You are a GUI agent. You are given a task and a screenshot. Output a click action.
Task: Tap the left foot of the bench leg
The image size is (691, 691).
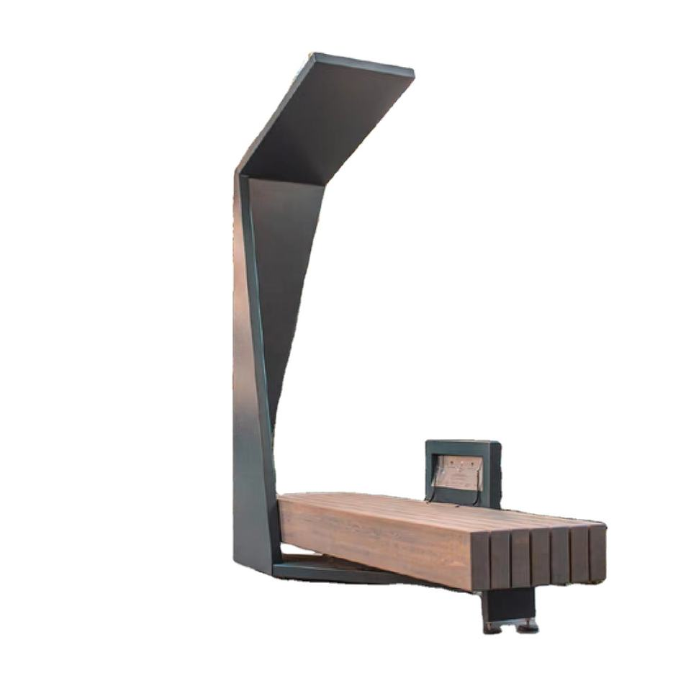coord(492,627)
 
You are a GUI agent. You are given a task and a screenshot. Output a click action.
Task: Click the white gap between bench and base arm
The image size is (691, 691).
coord(302,553)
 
